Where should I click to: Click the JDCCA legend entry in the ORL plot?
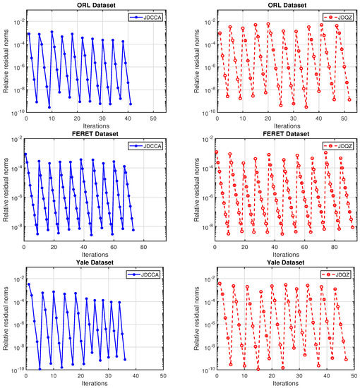pos(145,18)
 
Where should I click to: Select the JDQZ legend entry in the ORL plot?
pos(338,18)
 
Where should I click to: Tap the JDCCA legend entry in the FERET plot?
pos(145,146)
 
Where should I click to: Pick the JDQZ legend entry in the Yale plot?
pos(336,274)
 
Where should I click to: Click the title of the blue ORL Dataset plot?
pos(96,5)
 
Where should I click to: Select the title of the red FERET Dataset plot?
pos(286,134)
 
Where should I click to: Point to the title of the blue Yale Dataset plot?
pos(95,262)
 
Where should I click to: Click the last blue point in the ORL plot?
pos(131,104)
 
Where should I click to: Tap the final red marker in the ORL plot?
pos(349,99)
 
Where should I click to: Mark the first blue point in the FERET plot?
pos(25,154)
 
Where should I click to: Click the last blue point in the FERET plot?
pos(133,230)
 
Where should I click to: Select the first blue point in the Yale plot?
pos(29,284)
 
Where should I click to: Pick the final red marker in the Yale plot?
pos(346,360)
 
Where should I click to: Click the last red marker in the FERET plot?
pos(352,227)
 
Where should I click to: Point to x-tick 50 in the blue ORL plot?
pos(153,119)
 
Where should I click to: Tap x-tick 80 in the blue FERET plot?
pos(143,247)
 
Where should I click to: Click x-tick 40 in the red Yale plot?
pos(327,376)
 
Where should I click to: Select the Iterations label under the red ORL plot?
pos(287,126)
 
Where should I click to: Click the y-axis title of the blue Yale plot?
pos(6,318)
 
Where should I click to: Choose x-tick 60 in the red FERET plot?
pos(304,247)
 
